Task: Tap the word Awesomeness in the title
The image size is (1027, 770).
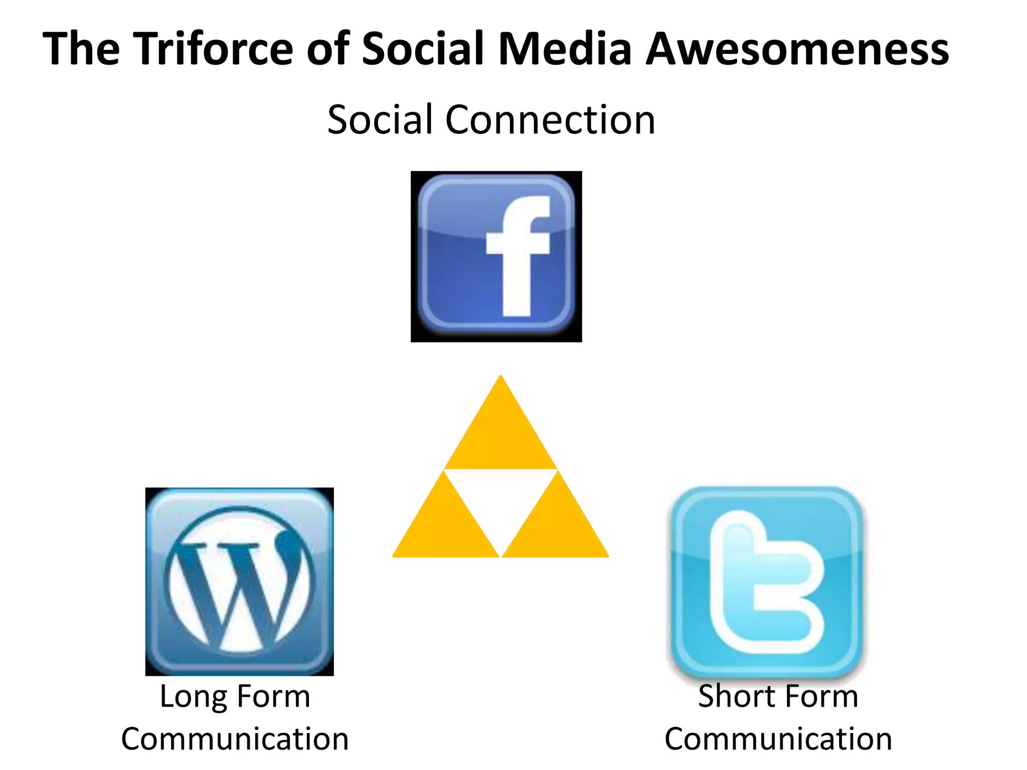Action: (797, 49)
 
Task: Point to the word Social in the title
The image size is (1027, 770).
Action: (423, 49)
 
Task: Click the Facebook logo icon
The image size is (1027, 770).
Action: (496, 257)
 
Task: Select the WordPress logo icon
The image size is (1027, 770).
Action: (240, 582)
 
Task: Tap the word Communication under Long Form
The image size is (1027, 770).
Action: (235, 739)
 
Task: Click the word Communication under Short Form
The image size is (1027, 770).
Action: (778, 739)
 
